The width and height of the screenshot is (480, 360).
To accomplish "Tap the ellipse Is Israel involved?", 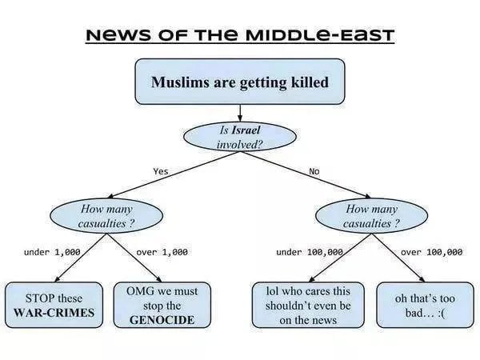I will coord(240,136).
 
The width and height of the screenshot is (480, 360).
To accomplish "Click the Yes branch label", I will coord(161,170).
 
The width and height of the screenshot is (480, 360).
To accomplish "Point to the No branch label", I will coord(314,170).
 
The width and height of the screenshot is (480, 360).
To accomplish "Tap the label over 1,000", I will coord(162,252).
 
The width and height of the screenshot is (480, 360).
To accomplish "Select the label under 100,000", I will coord(310,252).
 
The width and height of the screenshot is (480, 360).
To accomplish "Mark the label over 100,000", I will coord(431,252).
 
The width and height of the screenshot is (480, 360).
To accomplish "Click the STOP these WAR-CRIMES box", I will coord(54,305).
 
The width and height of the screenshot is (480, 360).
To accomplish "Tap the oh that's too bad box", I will coord(423,305).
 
